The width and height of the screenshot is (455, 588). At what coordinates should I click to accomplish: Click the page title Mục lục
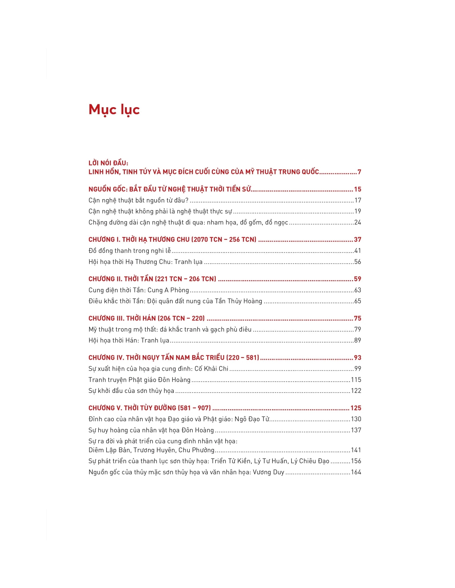click(114, 110)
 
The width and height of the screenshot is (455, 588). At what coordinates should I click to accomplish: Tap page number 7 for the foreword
click(359, 172)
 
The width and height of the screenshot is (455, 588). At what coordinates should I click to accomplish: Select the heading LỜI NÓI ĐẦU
click(108, 163)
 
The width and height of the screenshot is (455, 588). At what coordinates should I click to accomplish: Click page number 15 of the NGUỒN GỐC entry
click(357, 189)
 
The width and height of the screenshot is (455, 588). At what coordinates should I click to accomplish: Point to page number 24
click(357, 222)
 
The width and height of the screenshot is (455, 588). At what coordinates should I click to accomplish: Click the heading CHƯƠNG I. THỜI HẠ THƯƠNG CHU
click(172, 239)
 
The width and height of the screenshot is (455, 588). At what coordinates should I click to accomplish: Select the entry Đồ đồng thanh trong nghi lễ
click(130, 251)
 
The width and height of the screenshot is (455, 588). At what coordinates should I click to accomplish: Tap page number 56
click(357, 262)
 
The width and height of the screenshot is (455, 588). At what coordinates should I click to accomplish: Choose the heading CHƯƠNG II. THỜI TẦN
click(152, 279)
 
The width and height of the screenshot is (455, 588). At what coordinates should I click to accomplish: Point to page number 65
click(357, 301)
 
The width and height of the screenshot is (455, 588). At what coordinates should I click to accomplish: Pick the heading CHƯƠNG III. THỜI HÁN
click(147, 318)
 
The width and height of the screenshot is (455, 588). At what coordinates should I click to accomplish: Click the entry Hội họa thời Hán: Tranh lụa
click(129, 340)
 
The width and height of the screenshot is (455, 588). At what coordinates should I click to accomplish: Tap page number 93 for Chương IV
click(357, 358)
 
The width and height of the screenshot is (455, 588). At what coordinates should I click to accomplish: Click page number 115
click(356, 380)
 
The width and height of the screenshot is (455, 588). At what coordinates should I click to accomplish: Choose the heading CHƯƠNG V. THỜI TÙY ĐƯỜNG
click(150, 408)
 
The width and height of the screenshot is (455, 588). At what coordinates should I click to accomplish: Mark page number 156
click(356, 461)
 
